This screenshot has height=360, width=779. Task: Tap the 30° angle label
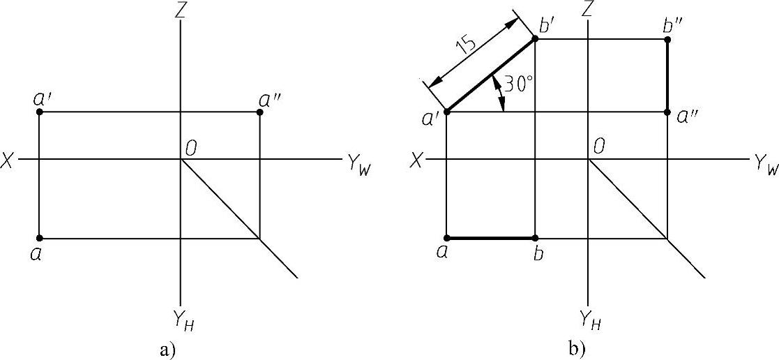pos(519,86)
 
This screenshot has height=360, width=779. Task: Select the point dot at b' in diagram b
pos(535,40)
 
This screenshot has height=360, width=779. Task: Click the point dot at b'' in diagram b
pos(667,40)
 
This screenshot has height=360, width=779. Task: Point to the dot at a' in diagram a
pos(39,112)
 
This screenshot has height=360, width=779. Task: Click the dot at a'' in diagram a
pos(259,112)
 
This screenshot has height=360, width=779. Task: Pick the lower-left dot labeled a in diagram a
pos(39,238)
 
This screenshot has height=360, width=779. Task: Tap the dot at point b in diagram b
pos(535,238)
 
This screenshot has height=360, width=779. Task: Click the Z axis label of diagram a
pos(181,10)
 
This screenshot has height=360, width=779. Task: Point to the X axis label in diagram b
pos(416,160)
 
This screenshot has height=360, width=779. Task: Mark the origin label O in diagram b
pos(598,147)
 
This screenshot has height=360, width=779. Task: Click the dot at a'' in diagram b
pos(667,112)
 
